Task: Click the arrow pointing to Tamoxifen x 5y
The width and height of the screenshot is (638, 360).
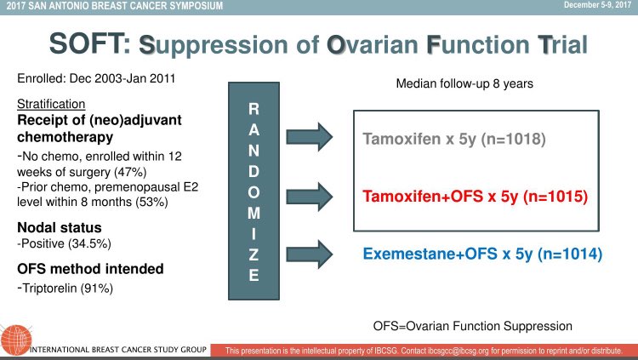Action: click(310, 137)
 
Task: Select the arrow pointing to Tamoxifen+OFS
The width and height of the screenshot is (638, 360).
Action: click(310, 197)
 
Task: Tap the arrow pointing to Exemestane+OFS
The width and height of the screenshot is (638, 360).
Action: click(310, 254)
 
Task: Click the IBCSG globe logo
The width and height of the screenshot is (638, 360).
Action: click(16, 340)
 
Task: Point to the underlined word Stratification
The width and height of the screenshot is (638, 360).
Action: click(51, 104)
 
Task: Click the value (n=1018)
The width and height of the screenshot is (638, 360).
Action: click(514, 139)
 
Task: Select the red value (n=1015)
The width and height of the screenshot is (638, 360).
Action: click(555, 197)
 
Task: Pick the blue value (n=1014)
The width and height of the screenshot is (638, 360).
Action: click(570, 254)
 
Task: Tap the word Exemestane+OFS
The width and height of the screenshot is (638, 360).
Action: click(430, 254)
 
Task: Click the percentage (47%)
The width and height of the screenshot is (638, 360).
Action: click(130, 172)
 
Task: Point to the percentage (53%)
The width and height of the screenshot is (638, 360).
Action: click(151, 202)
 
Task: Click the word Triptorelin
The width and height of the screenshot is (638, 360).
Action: click(49, 289)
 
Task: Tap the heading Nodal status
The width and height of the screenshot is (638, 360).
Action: click(60, 227)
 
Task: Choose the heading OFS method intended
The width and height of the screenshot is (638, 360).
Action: click(90, 269)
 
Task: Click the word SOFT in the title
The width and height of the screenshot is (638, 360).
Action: click(89, 44)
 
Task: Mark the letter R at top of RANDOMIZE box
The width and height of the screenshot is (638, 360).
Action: click(253, 109)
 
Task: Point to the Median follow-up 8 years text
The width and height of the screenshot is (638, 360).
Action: click(464, 84)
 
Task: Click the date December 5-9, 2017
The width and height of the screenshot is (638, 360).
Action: click(597, 5)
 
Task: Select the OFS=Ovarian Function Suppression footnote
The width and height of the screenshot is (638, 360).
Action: click(473, 326)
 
